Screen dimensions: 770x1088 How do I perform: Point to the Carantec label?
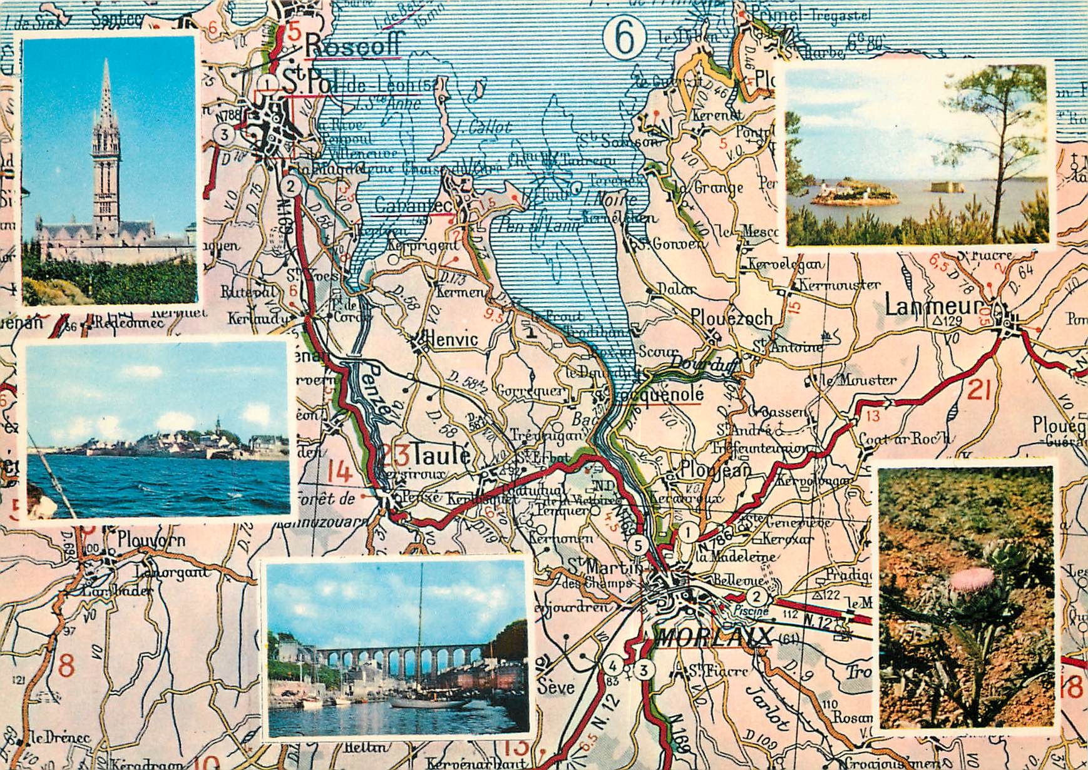point(413,205)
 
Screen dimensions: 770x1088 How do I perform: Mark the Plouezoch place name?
point(732,318)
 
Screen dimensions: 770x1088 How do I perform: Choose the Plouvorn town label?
point(151,539)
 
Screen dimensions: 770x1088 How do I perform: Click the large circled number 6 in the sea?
point(624,38)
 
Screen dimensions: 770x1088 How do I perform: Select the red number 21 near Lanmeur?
point(979,390)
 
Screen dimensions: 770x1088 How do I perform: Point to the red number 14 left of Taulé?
point(340,472)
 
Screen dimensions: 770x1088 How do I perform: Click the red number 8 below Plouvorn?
point(66,666)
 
